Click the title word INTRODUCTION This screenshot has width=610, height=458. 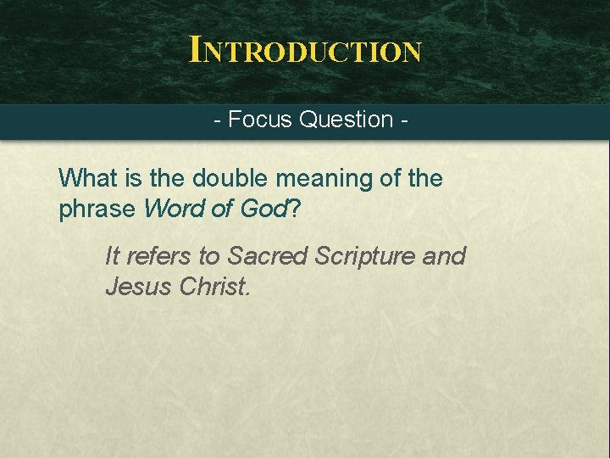coord(305,51)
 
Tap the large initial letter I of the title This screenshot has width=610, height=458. coord(196,49)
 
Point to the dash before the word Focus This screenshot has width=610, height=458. coord(218,120)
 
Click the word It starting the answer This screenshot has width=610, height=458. coord(113,255)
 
